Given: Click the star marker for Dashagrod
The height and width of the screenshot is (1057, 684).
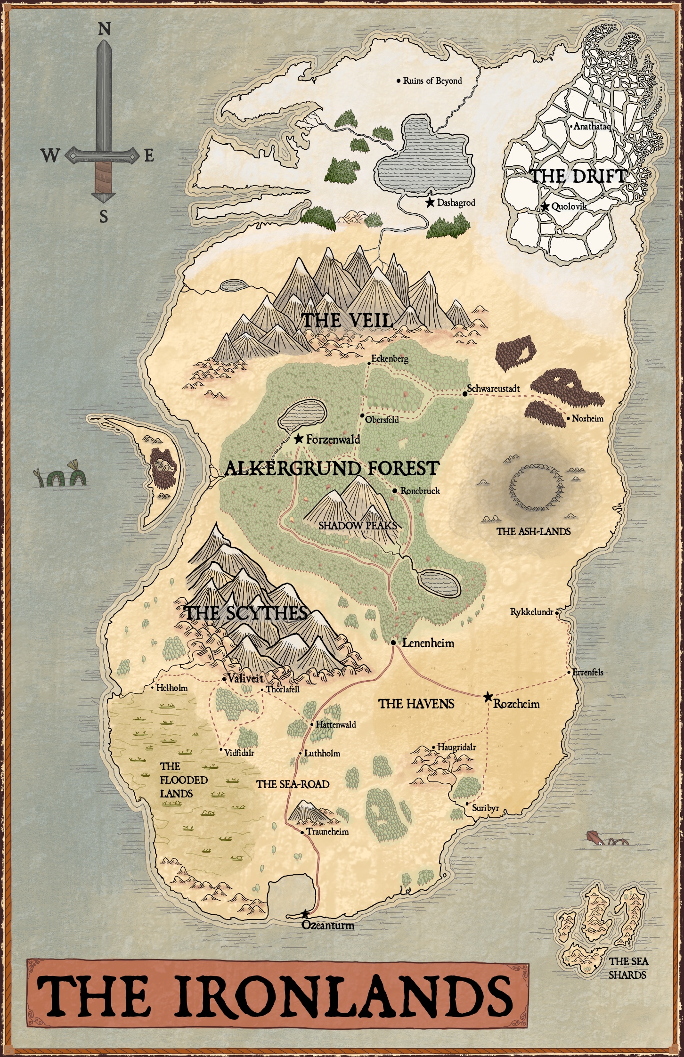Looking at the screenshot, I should (429, 203).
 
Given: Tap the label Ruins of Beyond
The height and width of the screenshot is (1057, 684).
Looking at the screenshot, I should (432, 81).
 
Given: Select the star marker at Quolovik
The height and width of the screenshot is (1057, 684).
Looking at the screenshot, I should (545, 206).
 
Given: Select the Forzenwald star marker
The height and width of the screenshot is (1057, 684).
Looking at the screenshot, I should (298, 439).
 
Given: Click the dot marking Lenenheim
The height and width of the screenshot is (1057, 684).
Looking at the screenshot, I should (393, 642).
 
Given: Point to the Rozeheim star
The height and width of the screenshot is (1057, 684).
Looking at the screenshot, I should (489, 697).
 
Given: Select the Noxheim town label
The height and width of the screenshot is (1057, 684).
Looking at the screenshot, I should (587, 418).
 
